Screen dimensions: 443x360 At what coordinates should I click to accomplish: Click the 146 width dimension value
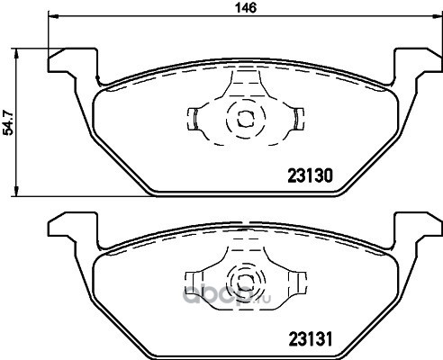point(246,8)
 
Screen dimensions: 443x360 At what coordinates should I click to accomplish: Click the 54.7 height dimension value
point(8,122)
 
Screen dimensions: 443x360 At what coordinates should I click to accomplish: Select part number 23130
point(311,175)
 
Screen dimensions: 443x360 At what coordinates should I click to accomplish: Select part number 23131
point(311,339)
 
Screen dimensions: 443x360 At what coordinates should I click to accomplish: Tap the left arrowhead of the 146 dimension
point(53,16)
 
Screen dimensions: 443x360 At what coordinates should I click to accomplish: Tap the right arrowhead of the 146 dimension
point(437,16)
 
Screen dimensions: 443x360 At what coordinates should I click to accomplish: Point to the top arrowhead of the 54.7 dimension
point(17,53)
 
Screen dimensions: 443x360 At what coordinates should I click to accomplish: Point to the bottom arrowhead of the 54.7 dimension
point(17,192)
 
